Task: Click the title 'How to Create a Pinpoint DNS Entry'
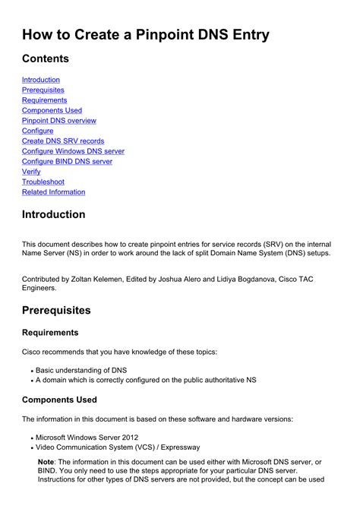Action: point(146,34)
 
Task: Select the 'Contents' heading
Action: point(46,58)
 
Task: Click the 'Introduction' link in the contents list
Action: point(41,80)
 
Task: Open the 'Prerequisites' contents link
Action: point(43,90)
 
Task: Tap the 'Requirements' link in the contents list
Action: point(44,100)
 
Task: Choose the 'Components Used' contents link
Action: point(52,110)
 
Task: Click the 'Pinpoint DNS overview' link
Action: point(59,121)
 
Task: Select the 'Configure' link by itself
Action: point(38,131)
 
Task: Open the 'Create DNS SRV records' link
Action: point(63,141)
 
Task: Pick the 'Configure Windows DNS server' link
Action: point(73,151)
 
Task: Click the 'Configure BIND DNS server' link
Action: point(67,162)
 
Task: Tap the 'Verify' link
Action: point(31,172)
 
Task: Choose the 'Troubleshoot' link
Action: point(43,182)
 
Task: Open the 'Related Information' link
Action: point(53,192)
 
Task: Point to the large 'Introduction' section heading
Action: point(53,214)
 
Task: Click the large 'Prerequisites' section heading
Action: point(56,310)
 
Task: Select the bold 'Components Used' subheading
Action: point(59,400)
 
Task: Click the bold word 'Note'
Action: point(46,462)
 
